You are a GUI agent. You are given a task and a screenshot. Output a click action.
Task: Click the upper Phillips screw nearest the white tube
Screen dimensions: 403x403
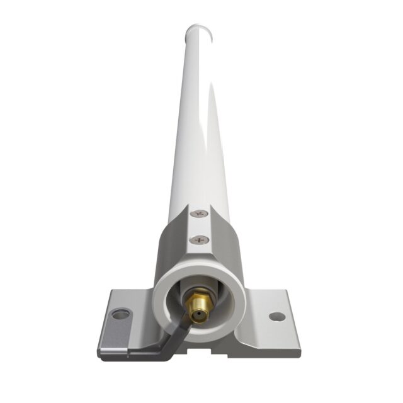coord(199,214)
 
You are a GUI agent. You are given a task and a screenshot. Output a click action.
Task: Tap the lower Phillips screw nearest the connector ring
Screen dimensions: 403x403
coord(200,240)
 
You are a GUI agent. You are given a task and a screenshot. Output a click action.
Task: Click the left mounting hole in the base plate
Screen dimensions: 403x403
coord(120,314)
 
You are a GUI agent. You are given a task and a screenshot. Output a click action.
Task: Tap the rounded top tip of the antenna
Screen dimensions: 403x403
coord(199,30)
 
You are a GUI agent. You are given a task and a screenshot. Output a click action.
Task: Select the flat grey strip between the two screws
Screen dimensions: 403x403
coord(199,227)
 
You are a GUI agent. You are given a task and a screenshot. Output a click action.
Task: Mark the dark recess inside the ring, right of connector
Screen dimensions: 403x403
coord(217,302)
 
